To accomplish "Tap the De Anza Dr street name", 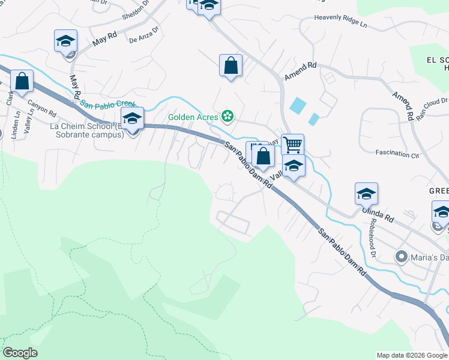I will point(144,35).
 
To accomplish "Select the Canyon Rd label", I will point(41,107).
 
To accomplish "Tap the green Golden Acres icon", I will point(228,115).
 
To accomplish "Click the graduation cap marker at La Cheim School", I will point(133,118).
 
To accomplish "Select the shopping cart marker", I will point(292,144).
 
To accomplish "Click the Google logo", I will point(20,353).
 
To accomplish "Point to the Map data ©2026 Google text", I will point(412,355).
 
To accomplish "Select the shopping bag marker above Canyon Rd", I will point(22,81).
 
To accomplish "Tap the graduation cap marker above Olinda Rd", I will point(366,193).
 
